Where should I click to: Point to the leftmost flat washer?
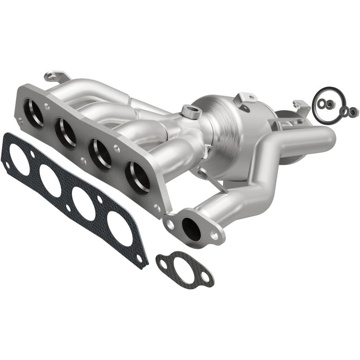coord(323,104)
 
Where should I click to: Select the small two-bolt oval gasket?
coord(184,269)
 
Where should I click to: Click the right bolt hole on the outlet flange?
coord(214,235)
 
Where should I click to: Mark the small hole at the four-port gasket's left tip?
coord(6,165)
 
